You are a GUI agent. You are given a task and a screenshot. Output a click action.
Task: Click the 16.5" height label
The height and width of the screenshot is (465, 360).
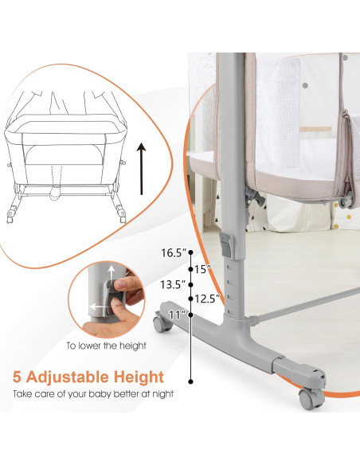(173, 252)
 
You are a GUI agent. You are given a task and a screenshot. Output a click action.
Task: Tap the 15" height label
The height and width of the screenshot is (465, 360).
(204, 269)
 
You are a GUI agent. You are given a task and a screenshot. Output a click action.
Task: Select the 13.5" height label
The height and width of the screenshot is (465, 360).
(172, 284)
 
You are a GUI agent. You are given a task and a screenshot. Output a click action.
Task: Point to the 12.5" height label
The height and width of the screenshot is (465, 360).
(205, 299)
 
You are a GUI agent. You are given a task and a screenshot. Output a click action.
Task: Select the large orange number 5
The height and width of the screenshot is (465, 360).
(17, 376)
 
